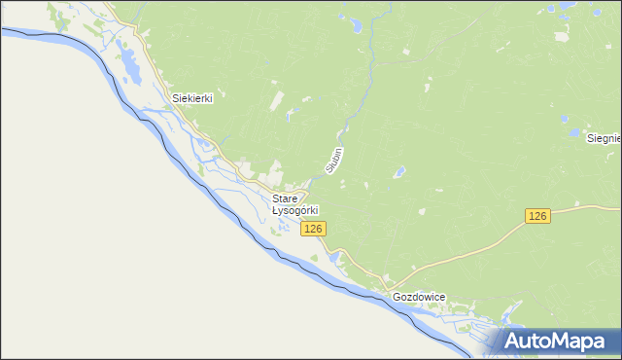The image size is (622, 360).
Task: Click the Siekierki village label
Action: tap(192, 98)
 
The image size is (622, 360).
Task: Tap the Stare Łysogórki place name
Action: tap(294, 204)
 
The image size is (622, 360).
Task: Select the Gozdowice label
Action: tap(418, 297)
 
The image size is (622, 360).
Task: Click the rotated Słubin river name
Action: tap(335, 161)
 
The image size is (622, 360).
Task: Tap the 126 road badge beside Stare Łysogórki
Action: tap(312, 229)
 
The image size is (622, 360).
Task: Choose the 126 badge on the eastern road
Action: tap(538, 216)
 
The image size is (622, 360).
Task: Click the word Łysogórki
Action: tap(294, 210)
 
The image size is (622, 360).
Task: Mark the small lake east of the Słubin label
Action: tap(398, 173)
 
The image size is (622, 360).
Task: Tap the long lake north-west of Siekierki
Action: tap(127, 64)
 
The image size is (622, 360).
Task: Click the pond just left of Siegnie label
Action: tap(575, 132)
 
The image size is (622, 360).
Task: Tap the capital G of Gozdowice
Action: tap(397, 297)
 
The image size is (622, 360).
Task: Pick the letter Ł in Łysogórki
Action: tap(275, 210)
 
